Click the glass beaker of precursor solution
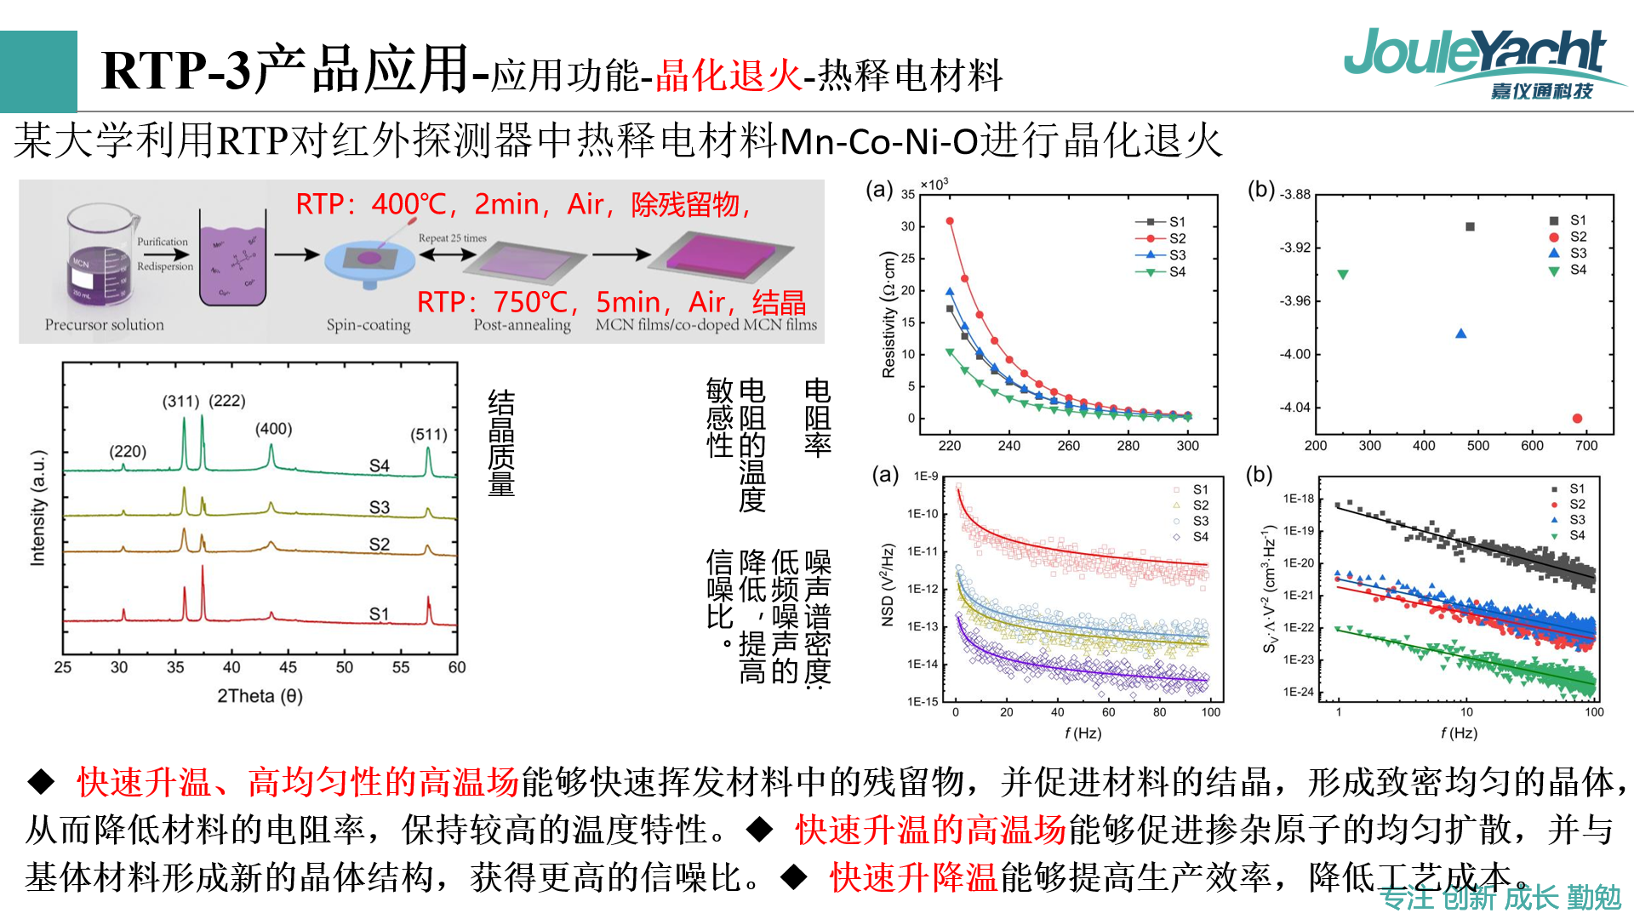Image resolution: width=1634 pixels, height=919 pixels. [x=100, y=255]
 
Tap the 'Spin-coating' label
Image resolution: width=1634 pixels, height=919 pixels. [x=369, y=325]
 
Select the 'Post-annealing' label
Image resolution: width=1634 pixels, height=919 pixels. [x=522, y=325]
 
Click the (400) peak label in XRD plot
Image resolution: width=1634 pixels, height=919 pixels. [x=273, y=429]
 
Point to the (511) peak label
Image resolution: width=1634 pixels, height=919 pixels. [x=429, y=435]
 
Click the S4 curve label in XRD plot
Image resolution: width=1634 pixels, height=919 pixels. [x=379, y=465]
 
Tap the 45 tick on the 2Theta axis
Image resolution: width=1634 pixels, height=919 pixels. [x=288, y=667]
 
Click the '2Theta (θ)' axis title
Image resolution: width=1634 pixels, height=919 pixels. [x=260, y=696]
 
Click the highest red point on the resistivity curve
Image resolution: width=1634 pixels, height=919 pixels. [x=950, y=221]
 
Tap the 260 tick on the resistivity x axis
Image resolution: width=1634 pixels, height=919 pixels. [x=1068, y=446]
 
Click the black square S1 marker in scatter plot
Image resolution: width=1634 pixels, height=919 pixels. [x=1470, y=226]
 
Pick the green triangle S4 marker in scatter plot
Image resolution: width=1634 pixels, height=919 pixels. [x=1343, y=275]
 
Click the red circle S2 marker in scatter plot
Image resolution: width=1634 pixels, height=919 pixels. [x=1577, y=418]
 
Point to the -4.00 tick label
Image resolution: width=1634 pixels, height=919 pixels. [x=1295, y=354]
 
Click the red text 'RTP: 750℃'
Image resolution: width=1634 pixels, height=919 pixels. [x=497, y=302]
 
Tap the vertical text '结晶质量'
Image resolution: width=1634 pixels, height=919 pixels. [x=501, y=442]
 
